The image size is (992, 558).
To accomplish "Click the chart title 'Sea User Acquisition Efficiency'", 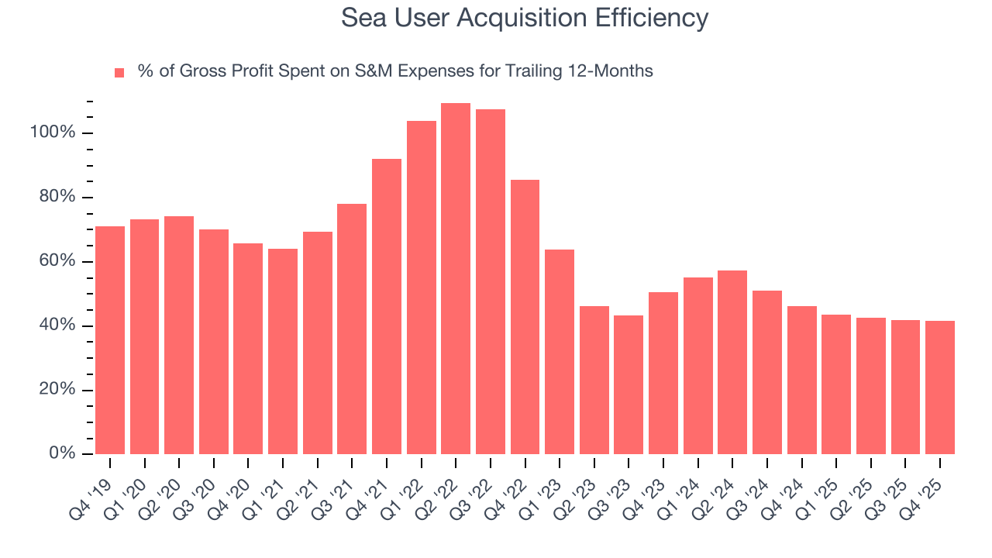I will [x=525, y=18].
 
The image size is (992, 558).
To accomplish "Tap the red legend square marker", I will [x=119, y=72].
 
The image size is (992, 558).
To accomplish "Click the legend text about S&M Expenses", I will [x=395, y=71].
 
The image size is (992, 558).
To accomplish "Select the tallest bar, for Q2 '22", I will [x=456, y=278].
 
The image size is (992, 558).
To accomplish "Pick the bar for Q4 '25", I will [x=940, y=387].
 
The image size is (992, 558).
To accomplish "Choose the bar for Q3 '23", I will [x=629, y=384].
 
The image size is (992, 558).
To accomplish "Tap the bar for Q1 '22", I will [x=421, y=287].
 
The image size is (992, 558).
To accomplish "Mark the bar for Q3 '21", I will [x=352, y=329].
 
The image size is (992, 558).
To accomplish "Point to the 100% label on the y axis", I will [x=53, y=133].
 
